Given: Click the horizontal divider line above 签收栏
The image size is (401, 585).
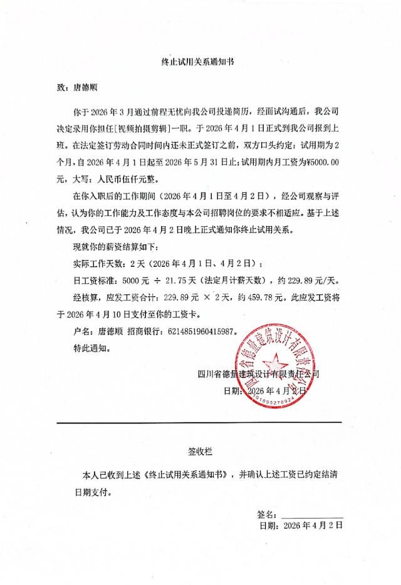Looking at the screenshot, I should click(199, 422).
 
